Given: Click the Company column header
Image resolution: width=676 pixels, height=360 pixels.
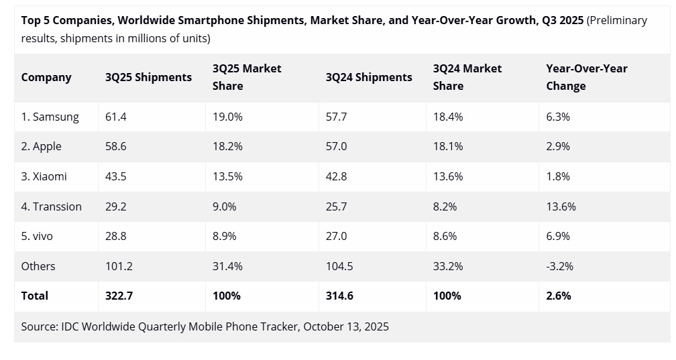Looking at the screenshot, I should click(46, 77).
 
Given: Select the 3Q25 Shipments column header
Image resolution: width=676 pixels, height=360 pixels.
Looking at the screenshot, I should click(148, 77).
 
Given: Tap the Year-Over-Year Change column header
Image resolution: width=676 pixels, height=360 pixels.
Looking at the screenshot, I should click(587, 77).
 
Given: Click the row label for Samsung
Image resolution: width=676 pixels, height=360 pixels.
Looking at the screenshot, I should click(50, 117).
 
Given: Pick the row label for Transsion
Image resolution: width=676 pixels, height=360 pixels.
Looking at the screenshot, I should click(51, 206).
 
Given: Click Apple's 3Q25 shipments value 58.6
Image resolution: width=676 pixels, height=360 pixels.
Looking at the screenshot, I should click(116, 146).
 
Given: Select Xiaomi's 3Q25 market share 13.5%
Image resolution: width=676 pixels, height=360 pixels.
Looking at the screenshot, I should click(227, 176).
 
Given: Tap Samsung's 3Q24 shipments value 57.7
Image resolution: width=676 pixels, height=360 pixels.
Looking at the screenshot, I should click(336, 117).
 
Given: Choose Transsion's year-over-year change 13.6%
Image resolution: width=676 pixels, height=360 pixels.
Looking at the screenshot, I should click(561, 206).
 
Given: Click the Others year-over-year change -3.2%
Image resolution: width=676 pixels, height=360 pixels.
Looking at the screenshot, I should click(559, 266).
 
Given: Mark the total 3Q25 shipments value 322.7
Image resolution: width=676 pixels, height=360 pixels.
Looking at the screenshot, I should click(119, 296).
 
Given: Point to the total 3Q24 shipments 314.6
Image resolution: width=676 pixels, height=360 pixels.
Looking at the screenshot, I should click(339, 296).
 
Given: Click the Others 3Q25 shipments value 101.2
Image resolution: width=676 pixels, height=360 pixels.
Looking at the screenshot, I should click(119, 266).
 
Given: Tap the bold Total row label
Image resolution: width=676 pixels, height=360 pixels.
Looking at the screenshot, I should click(35, 296).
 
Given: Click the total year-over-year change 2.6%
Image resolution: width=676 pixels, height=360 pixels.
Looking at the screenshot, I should click(559, 296).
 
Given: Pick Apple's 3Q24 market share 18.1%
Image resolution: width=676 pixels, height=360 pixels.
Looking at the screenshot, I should click(448, 146).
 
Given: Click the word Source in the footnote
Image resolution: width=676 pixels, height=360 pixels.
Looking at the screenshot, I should click(39, 326).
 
